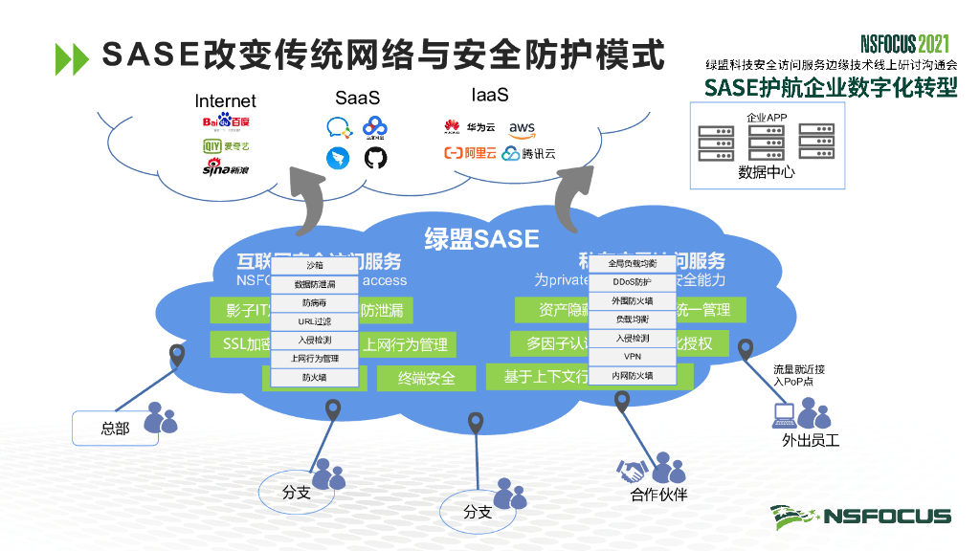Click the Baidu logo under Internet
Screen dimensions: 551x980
tap(226, 121)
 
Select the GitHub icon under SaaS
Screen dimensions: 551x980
tap(376, 158)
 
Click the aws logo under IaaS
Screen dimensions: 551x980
tap(523, 128)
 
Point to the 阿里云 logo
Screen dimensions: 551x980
tap(469, 153)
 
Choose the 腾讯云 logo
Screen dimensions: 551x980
tap(528, 153)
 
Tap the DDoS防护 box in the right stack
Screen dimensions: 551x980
tap(632, 282)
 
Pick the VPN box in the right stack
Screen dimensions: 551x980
tap(632, 358)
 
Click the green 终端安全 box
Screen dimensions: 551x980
tap(427, 378)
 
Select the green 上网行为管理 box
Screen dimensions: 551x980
tap(405, 344)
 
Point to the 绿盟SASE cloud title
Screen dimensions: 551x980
tap(481, 238)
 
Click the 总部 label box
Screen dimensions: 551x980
tap(115, 429)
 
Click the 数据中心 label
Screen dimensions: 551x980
tap(766, 173)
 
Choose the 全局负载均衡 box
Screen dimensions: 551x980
tap(632, 263)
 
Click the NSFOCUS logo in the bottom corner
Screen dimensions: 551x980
tap(861, 516)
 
